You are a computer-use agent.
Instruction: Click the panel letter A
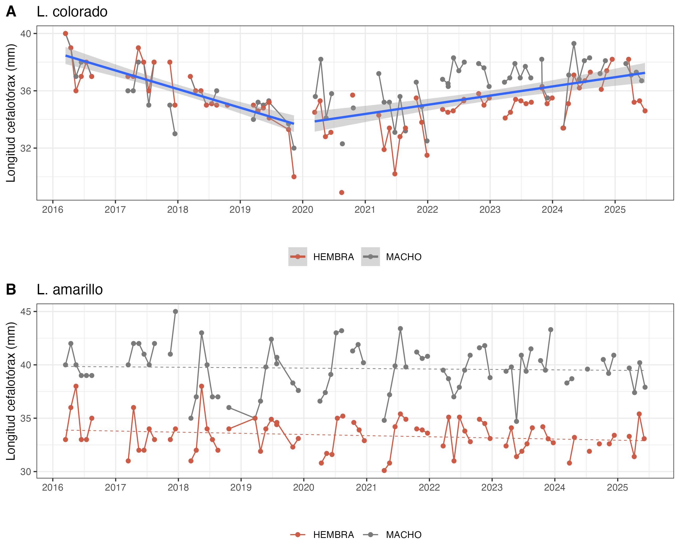tap(11, 12)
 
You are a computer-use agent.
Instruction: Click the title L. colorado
tap(72, 12)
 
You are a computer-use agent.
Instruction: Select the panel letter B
tap(11, 290)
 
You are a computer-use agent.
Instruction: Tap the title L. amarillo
tap(70, 290)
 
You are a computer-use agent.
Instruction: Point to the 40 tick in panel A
tap(26, 34)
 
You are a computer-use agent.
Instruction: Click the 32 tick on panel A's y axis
tap(26, 148)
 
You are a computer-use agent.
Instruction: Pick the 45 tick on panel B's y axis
tap(26, 312)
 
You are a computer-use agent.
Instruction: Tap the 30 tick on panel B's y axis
tap(26, 472)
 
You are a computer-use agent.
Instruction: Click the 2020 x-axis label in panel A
tap(302, 210)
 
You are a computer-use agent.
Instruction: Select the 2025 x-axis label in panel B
tap(617, 487)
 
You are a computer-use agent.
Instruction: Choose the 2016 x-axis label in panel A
tap(53, 210)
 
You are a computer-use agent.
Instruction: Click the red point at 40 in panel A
tap(66, 34)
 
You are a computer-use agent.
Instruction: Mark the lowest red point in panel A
tap(342, 193)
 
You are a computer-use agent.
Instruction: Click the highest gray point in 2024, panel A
tap(574, 43)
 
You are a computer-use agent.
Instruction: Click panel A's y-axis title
tap(11, 113)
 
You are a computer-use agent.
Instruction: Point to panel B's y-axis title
tap(11, 391)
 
